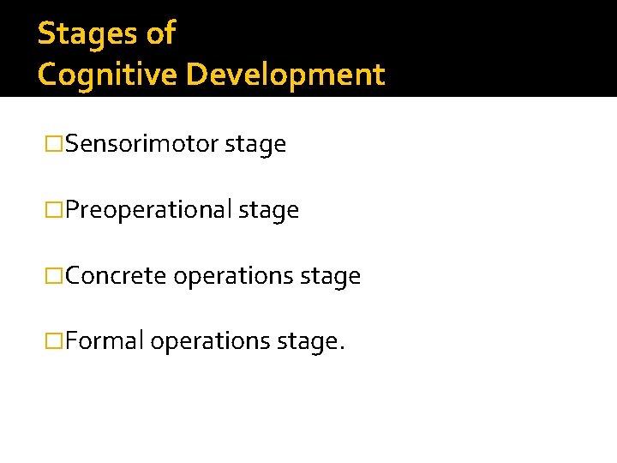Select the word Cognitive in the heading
point(107,75)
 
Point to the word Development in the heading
point(285,75)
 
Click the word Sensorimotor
point(141,144)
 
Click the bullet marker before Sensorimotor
point(55,144)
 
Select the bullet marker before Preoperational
point(55,210)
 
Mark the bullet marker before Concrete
point(55,276)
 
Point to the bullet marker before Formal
point(55,341)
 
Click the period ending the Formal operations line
point(342,348)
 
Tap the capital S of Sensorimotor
point(71,144)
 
